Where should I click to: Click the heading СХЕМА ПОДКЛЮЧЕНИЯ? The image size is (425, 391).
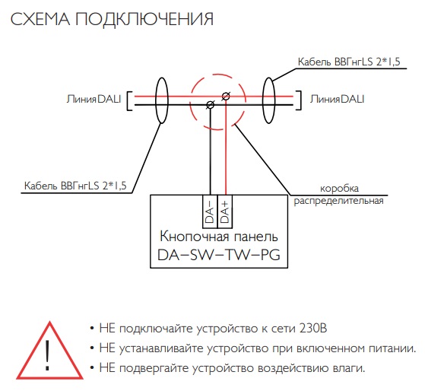[x=112, y=19]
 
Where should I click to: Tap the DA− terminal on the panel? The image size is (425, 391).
[x=210, y=211]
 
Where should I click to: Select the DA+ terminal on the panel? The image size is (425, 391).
[x=225, y=211]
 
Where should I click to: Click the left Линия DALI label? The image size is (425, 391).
[x=94, y=99]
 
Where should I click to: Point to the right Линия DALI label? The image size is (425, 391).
[x=337, y=99]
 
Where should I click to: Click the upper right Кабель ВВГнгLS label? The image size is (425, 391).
[x=349, y=62]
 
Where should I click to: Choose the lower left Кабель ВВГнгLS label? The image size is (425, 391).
[x=75, y=186]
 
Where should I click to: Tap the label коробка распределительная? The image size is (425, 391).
[x=339, y=195]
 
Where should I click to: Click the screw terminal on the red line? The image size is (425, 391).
[x=226, y=96]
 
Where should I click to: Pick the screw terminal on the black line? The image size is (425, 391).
[x=211, y=105]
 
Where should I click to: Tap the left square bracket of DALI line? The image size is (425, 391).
[x=128, y=101]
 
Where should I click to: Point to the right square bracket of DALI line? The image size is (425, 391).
[x=301, y=100]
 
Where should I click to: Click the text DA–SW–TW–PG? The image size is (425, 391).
[x=219, y=255]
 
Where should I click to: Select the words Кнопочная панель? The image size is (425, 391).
[x=219, y=237]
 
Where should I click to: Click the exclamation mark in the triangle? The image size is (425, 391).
[x=48, y=355]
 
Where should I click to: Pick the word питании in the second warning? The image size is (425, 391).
[x=392, y=348]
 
